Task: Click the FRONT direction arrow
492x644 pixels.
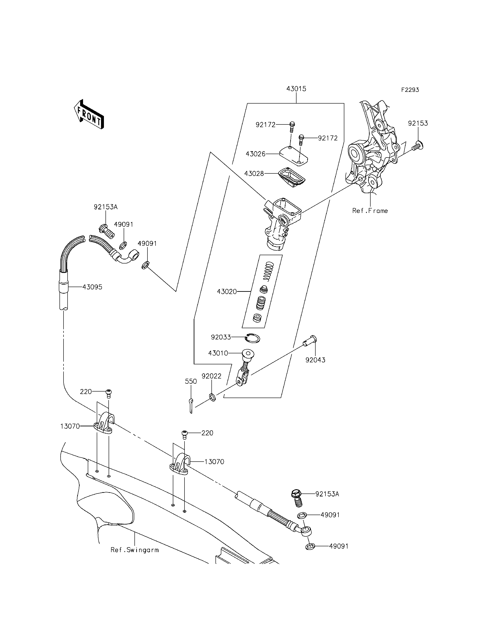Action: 89,115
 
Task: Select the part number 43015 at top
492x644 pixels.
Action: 296,89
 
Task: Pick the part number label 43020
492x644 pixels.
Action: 227,292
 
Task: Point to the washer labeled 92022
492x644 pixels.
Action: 213,398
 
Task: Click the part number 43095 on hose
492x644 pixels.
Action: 92,287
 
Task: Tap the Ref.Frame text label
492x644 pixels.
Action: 370,211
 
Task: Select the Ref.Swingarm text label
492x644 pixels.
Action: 134,550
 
